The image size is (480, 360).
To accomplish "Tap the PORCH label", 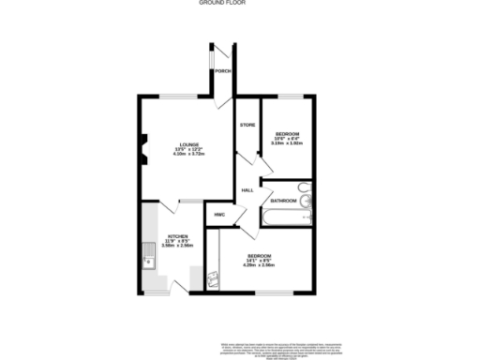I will pos(222,71).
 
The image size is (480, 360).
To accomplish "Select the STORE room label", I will pos(247,125).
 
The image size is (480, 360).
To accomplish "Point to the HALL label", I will pos(247,190).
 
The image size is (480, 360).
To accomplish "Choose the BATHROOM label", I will pos(283,201).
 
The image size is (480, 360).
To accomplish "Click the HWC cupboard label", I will pos(219,215).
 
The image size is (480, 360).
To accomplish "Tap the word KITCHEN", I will pos(178,236).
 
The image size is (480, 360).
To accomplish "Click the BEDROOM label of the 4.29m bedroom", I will pos(261,256).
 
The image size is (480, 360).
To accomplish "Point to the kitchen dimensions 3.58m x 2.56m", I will pos(178,246).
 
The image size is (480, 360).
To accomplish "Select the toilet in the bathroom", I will pos(310,197).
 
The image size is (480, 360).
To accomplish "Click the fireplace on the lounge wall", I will pos(142,147).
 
